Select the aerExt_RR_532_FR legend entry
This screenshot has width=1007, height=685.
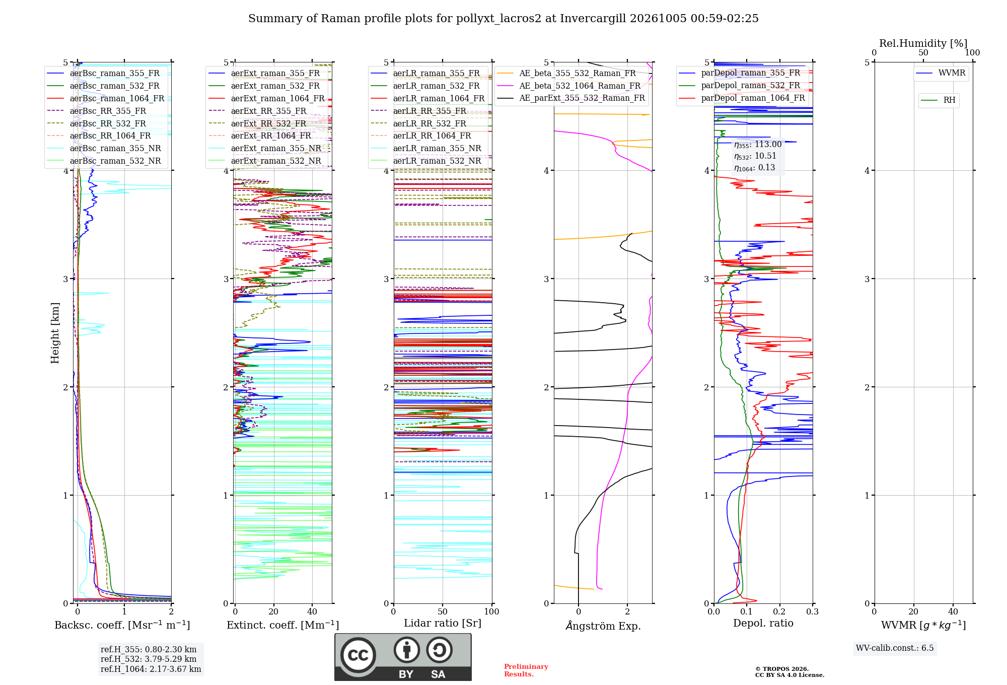click(257, 123)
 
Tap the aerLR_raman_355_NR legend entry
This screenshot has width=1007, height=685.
click(426, 148)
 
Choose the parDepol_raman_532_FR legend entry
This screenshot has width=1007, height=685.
click(740, 85)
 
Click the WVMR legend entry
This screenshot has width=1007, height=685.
click(941, 73)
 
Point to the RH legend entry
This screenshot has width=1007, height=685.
click(939, 100)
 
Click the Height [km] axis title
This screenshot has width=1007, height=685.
click(55, 333)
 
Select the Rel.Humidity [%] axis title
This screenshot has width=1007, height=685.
click(923, 43)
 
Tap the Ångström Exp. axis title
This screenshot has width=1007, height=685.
click(603, 626)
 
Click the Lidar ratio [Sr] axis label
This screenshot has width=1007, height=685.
click(443, 623)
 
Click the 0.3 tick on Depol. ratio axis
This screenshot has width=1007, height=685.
click(812, 611)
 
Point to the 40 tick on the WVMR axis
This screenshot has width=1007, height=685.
click(953, 611)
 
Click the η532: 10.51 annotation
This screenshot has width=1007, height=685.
click(755, 156)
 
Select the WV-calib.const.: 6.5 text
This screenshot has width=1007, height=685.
click(895, 648)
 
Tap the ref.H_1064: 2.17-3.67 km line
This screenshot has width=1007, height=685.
click(151, 669)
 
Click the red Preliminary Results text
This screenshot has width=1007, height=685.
click(526, 670)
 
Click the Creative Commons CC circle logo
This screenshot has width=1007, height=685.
click(358, 655)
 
